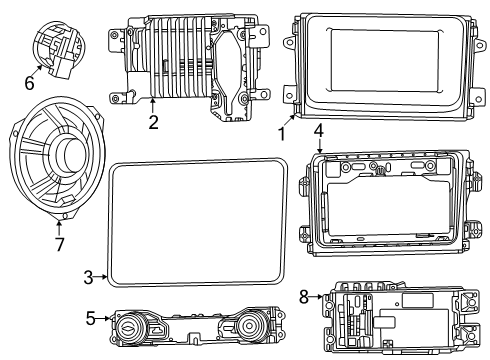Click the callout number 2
tap(153, 123)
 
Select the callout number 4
tap(318, 130)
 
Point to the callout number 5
tap(91, 320)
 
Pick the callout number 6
tap(29, 83)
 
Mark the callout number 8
tap(304, 296)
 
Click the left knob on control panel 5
tap(129, 327)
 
